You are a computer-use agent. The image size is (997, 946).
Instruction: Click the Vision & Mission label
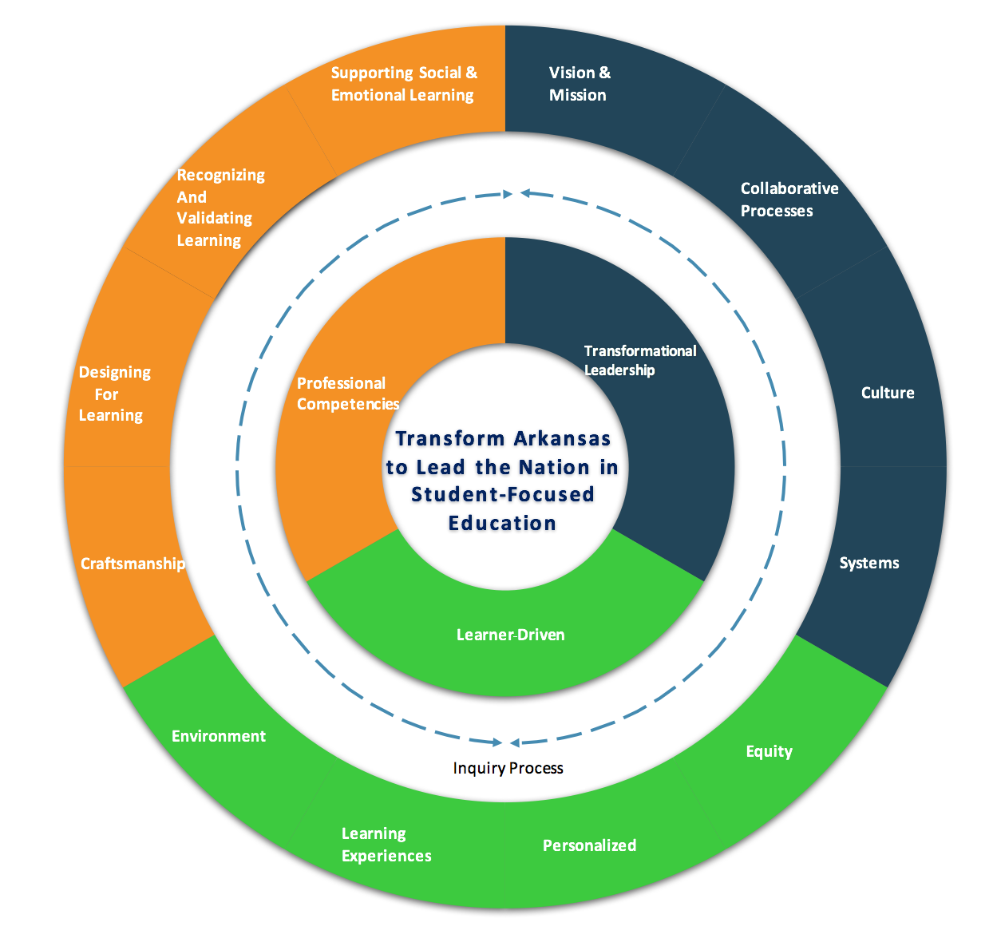pyautogui.click(x=580, y=84)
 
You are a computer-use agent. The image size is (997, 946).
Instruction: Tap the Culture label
pyautogui.click(x=888, y=393)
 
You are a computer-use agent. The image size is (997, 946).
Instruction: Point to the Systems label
pyautogui.click(x=869, y=563)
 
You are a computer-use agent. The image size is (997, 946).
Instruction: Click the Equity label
pyautogui.click(x=769, y=751)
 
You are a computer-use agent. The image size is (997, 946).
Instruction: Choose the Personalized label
pyautogui.click(x=589, y=845)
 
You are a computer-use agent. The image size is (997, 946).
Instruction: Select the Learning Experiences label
pyautogui.click(x=386, y=845)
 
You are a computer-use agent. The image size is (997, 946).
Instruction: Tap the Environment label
pyautogui.click(x=219, y=736)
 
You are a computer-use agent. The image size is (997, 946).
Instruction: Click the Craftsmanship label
pyautogui.click(x=133, y=564)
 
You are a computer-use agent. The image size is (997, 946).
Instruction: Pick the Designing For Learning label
pyautogui.click(x=113, y=394)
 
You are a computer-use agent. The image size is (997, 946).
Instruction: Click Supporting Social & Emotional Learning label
pyautogui.click(x=404, y=84)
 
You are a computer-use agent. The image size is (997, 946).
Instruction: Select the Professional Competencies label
pyautogui.click(x=347, y=394)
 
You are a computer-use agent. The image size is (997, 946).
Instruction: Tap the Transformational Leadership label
pyautogui.click(x=639, y=360)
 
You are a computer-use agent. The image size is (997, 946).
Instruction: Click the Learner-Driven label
pyautogui.click(x=511, y=635)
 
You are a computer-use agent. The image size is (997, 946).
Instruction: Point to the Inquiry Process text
pyautogui.click(x=508, y=768)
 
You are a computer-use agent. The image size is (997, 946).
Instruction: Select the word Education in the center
pyautogui.click(x=502, y=523)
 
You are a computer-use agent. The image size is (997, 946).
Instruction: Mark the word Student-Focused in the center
pyautogui.click(x=503, y=494)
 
